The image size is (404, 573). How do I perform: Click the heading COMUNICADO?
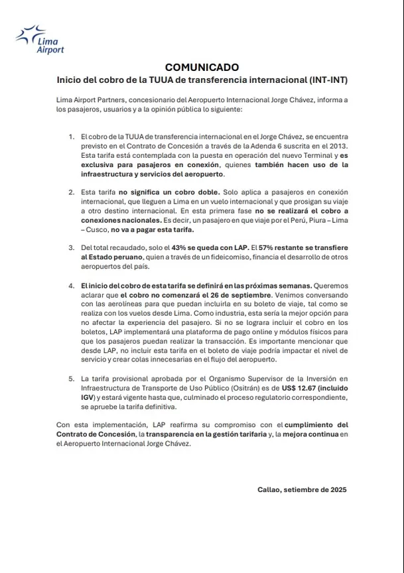pyautogui.click(x=202, y=67)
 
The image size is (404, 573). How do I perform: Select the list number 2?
pyautogui.click(x=72, y=192)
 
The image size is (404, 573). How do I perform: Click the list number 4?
pyautogui.click(x=72, y=285)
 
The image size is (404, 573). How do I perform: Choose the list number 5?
pyautogui.click(x=72, y=379)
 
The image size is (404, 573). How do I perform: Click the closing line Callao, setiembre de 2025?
pyautogui.click(x=302, y=489)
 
